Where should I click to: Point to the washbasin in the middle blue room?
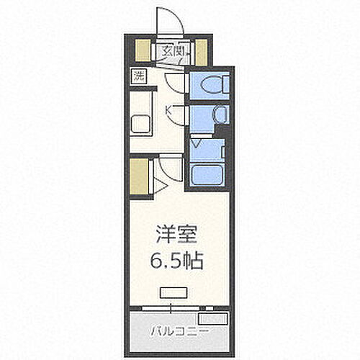219,115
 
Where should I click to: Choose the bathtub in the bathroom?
208,173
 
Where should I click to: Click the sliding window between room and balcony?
173,307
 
